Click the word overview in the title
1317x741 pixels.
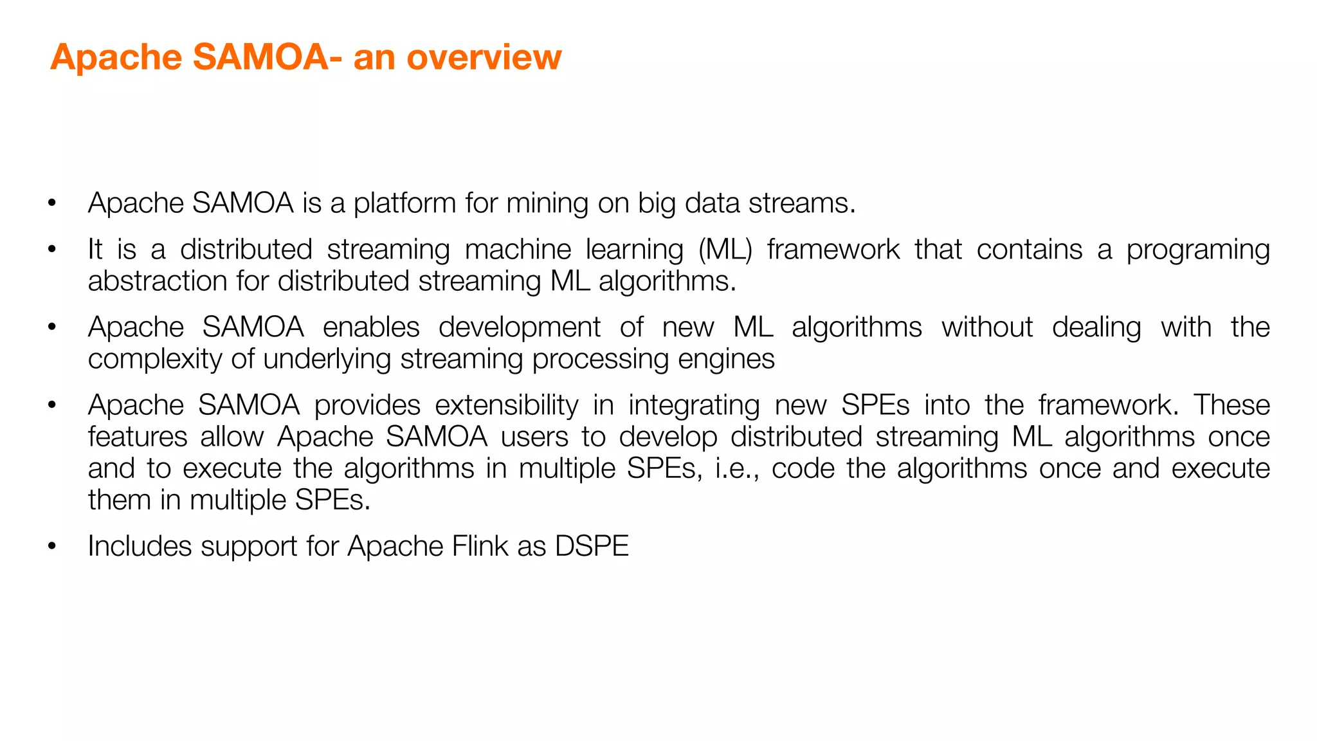tap(484, 57)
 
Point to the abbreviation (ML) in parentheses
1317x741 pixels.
tap(725, 250)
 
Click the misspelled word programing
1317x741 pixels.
tap(1197, 250)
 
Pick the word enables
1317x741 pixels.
tap(371, 327)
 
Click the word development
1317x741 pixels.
tap(520, 328)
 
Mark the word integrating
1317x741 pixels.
tap(694, 406)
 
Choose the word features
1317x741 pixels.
tap(138, 437)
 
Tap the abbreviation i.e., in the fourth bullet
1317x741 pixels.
tap(737, 468)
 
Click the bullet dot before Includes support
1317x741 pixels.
tap(52, 547)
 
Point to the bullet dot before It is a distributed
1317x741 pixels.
tap(52, 250)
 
